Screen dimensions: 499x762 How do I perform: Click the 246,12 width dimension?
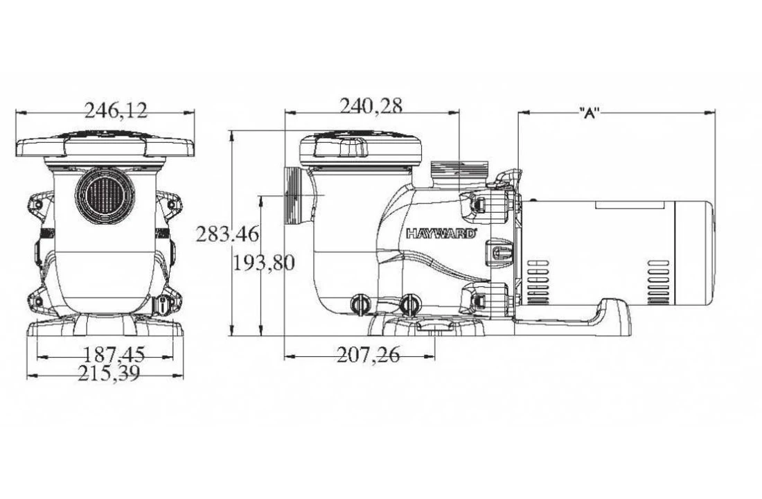point(116,109)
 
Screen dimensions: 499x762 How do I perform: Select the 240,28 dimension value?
point(371,105)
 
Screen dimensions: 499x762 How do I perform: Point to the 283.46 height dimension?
point(227,234)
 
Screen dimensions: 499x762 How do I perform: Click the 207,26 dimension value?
point(368,356)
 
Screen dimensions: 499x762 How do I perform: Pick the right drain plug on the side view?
point(410,304)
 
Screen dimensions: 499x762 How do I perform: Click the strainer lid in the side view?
point(360,148)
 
